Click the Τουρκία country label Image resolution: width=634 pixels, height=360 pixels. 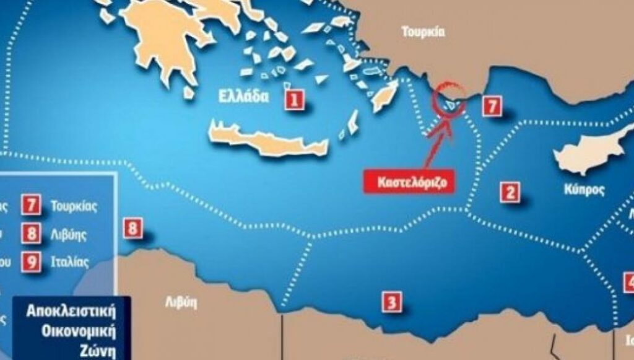pos(423,32)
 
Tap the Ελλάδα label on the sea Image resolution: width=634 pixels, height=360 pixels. pos(244,97)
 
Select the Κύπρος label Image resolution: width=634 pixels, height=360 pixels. pos(584,190)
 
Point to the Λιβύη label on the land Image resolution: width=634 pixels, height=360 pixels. pos(180,303)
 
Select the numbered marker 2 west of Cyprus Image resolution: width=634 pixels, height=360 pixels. pos(510,193)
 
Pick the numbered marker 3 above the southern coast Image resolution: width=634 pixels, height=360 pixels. pos(391,302)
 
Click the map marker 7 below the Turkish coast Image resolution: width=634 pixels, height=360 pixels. pos(492,106)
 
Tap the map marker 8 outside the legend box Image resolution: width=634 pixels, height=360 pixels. pos(132,229)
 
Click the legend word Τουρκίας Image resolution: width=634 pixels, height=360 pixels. pos(74,206)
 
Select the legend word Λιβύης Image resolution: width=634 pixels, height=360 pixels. pos(69,235)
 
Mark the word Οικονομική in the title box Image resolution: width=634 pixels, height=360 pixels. pos(72,330)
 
